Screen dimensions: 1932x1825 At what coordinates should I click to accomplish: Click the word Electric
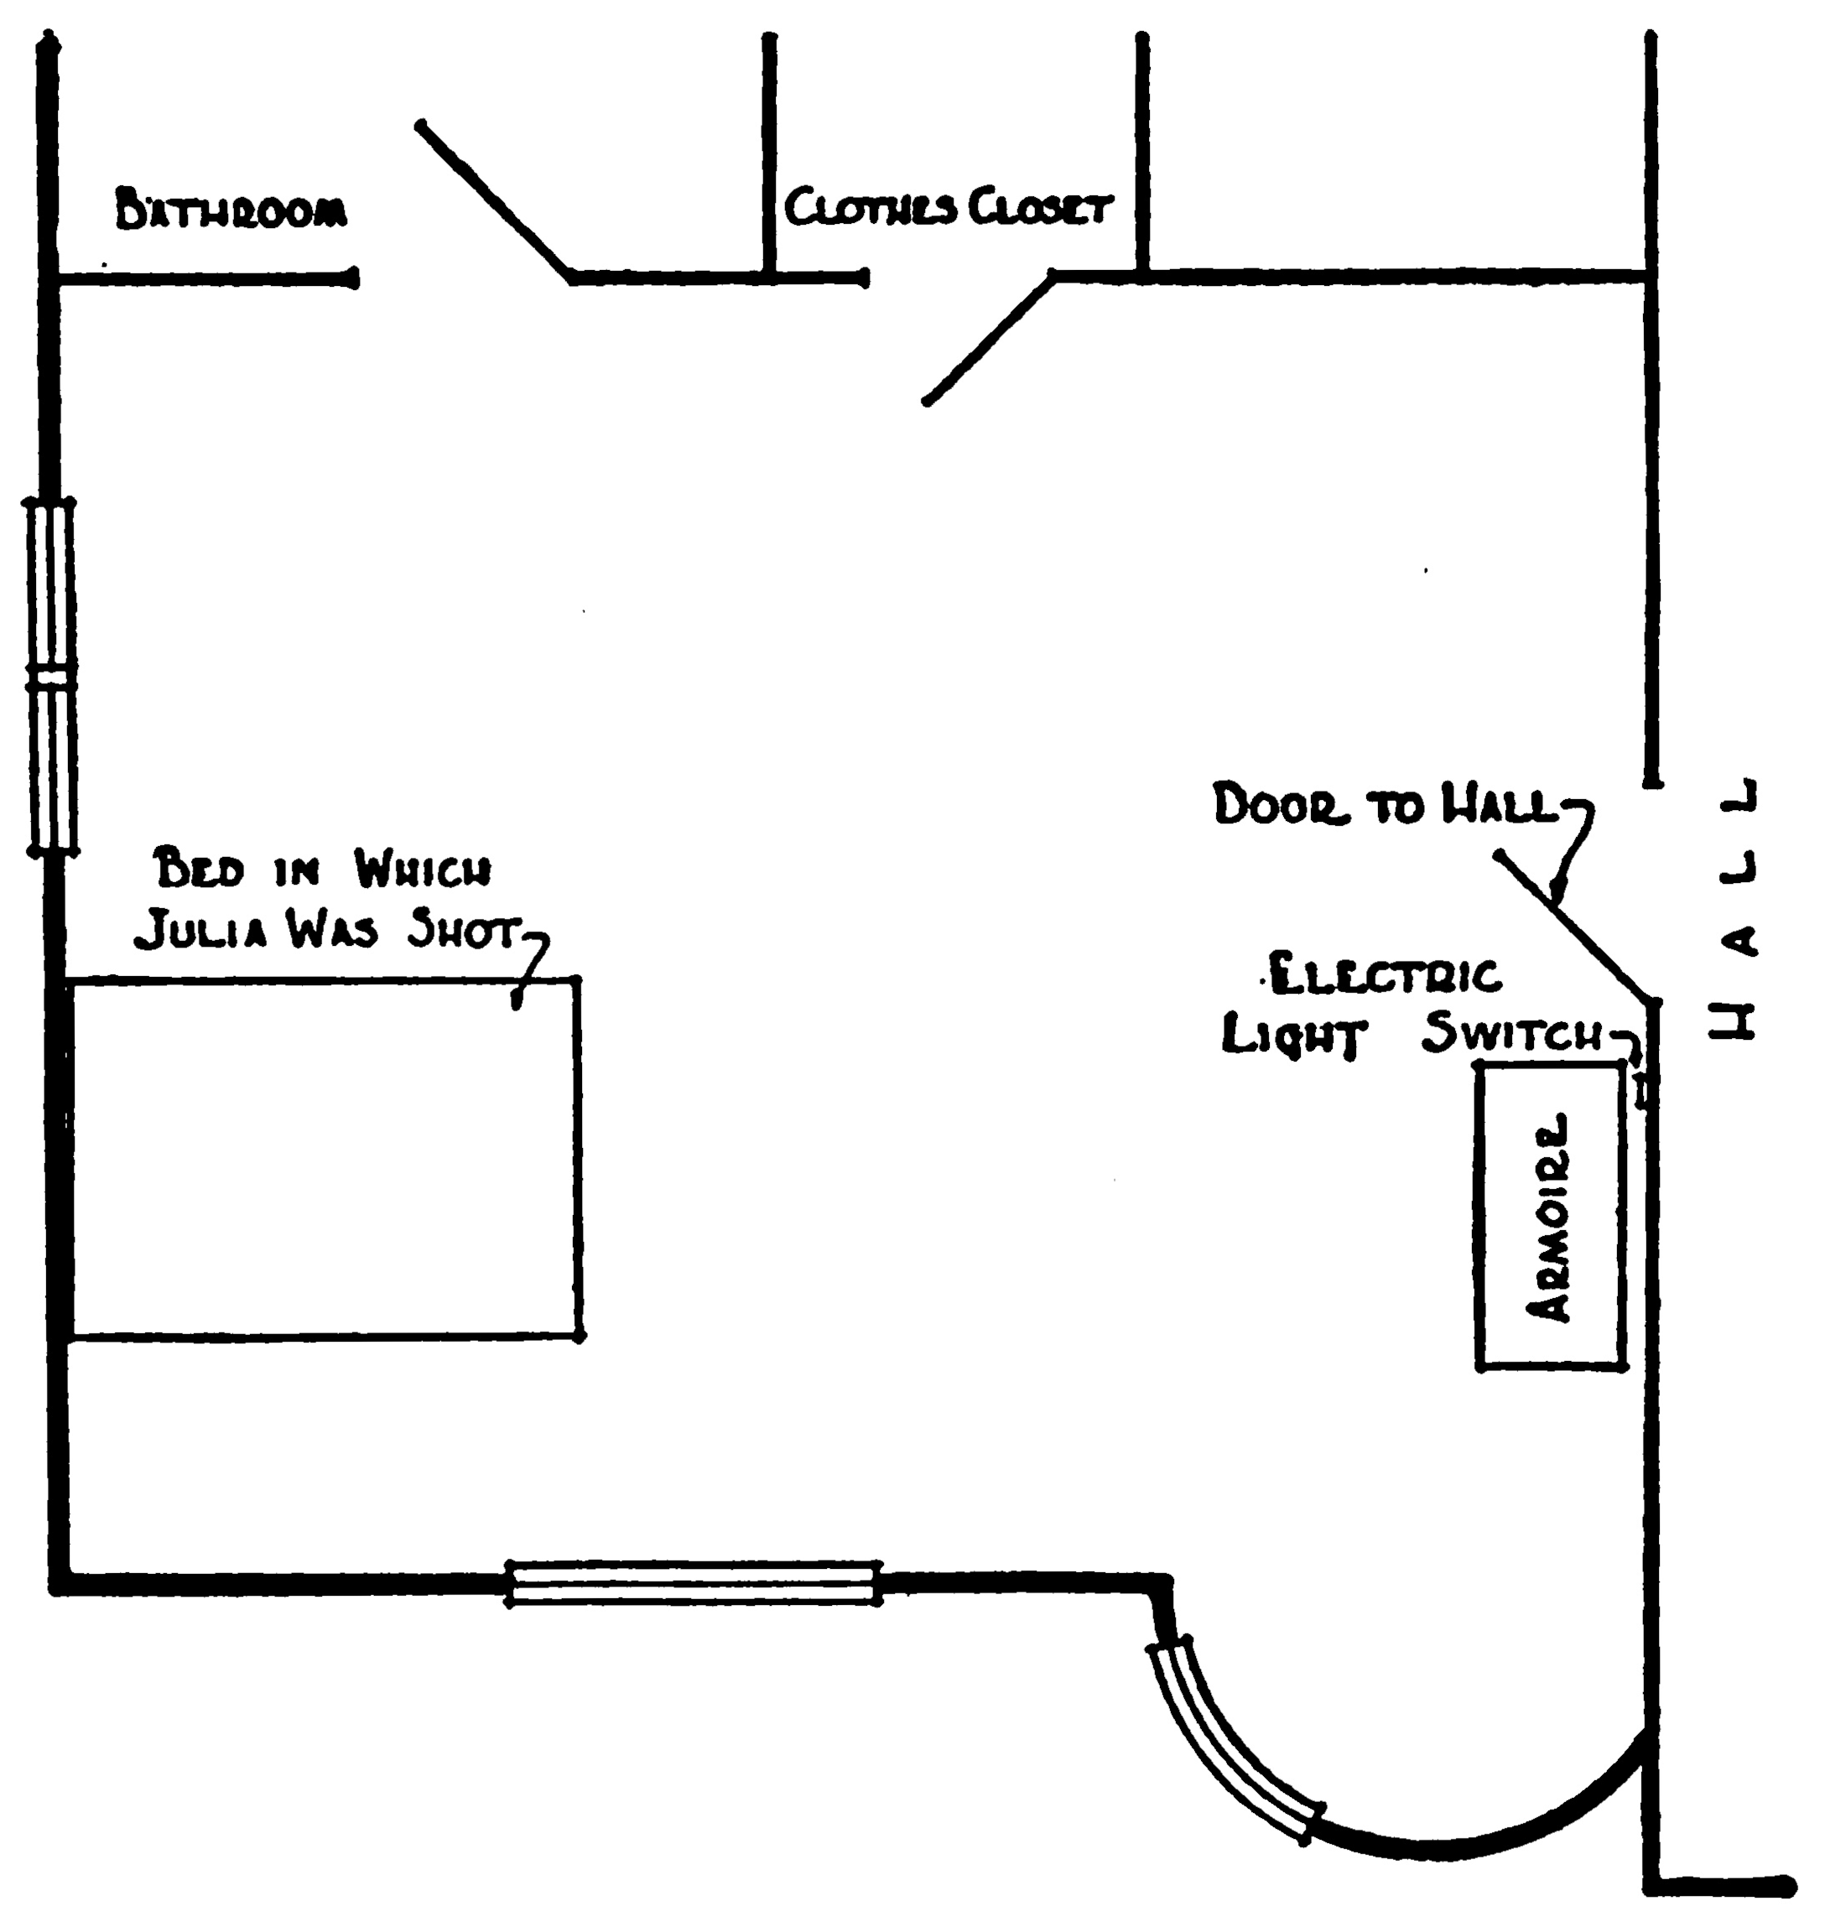tap(1386, 976)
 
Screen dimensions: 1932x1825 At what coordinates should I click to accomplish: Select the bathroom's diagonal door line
tap(494, 200)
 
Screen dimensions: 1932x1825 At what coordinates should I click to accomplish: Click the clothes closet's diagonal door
tap(988, 339)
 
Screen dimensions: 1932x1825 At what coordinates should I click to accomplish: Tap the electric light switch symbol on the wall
tap(1643, 1092)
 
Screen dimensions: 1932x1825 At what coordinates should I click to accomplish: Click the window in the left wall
tap(50, 677)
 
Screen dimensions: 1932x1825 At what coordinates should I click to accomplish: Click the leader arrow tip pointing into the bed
tap(517, 1004)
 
